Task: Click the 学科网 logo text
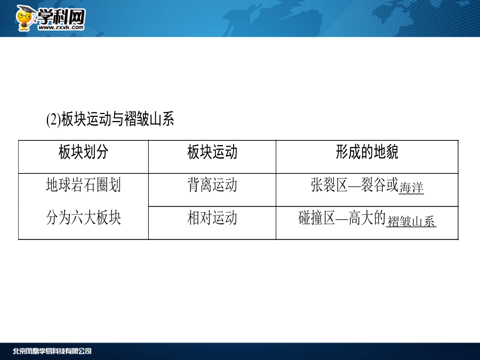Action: [x=61, y=16]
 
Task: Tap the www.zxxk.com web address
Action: [x=61, y=28]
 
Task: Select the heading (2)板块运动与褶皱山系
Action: [x=110, y=119]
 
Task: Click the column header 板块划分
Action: [x=83, y=152]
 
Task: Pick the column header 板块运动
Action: [x=212, y=152]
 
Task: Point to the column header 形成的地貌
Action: [x=367, y=152]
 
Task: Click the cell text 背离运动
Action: [x=212, y=185]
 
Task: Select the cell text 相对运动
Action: [x=212, y=218]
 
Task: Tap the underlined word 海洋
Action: [x=411, y=188]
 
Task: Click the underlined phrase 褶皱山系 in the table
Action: [x=411, y=221]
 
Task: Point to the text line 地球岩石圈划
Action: [x=83, y=185]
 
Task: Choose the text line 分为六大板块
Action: [x=83, y=218]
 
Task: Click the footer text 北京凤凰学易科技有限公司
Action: [x=52, y=351]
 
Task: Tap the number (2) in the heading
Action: [x=53, y=119]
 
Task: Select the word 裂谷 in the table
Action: [x=373, y=185]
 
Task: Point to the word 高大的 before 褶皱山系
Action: [x=367, y=218]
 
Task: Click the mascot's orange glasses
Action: [x=24, y=17]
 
